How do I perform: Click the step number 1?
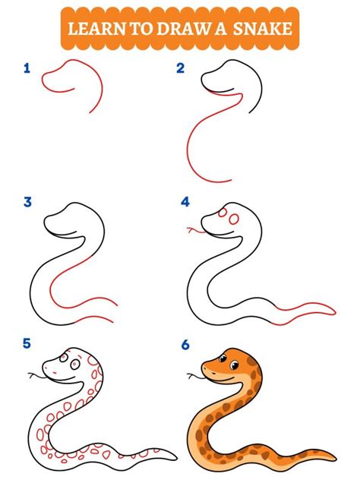coord(27,69)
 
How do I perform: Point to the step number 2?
coord(181,69)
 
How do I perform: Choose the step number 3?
coord(28,202)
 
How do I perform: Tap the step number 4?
coord(185,202)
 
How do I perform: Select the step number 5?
coord(27,343)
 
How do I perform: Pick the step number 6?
coord(185,343)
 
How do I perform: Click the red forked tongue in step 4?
coord(194,229)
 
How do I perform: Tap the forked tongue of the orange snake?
coord(193,374)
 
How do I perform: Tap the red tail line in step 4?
coord(304,308)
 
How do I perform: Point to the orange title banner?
coord(179,30)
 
